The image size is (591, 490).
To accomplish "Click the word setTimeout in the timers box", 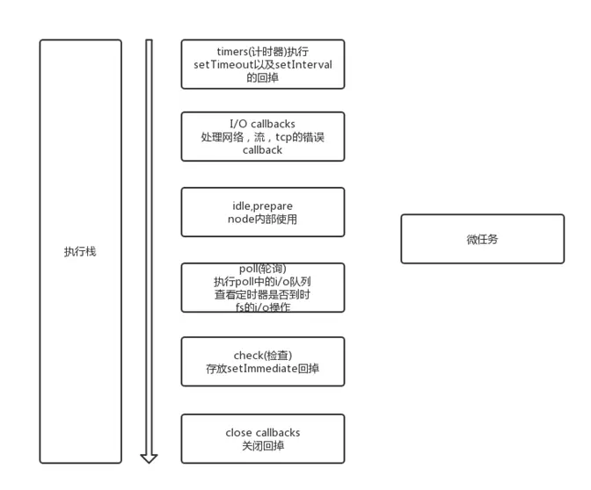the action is (224, 65).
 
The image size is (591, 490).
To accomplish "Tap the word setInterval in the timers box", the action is (303, 65).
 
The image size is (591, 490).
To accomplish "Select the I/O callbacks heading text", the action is (262, 124).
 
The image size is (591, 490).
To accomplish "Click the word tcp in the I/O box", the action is (283, 137).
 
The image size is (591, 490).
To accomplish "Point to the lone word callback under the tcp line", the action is (262, 150).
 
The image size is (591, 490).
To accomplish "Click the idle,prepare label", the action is (262, 206).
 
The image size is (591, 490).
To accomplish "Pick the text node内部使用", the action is (262, 219).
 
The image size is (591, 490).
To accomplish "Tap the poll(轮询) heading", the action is (263, 269).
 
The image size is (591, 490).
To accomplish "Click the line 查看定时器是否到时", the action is (262, 294).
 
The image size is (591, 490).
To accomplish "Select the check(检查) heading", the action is (263, 356).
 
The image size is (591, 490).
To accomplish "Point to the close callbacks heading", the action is (263, 433).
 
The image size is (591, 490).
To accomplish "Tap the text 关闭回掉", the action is (263, 446).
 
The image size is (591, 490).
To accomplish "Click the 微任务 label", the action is (482, 240).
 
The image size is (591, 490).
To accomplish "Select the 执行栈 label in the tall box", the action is (80, 252).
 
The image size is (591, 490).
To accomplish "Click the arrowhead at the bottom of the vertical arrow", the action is (149, 461).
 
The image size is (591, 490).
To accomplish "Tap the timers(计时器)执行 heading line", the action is (263, 52).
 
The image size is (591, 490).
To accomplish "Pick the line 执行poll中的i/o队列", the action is (262, 282).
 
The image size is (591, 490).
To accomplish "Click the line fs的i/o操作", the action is (263, 307).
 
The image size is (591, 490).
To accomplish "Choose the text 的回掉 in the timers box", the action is (263, 77).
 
